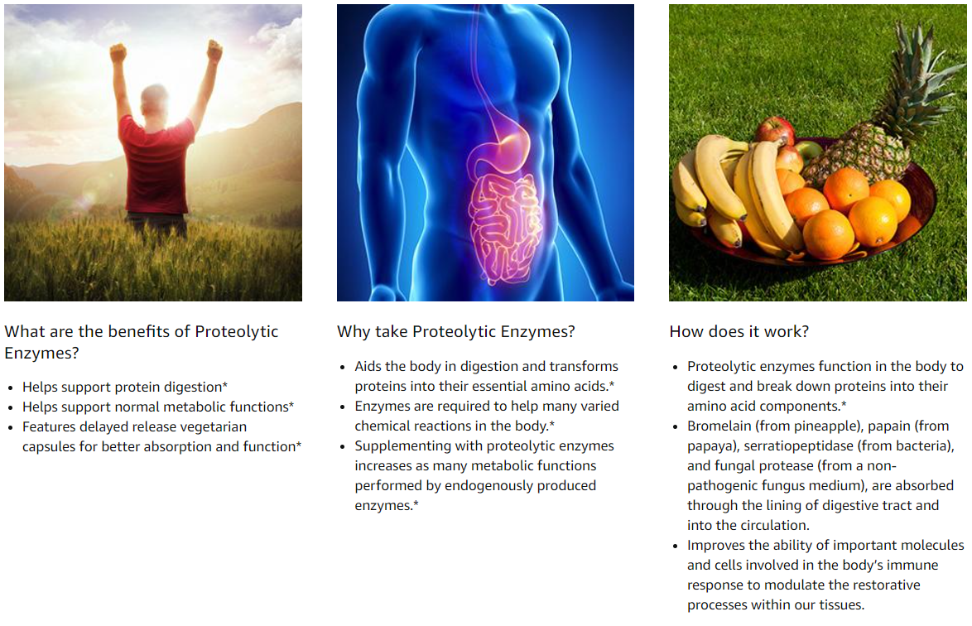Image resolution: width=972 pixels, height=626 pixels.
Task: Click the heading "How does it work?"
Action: [739, 331]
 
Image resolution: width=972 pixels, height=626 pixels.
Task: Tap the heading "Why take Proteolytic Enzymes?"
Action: [455, 331]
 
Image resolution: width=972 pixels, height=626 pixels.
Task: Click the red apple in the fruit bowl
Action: [775, 130]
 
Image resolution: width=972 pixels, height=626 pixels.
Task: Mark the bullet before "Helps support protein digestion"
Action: [11, 388]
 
